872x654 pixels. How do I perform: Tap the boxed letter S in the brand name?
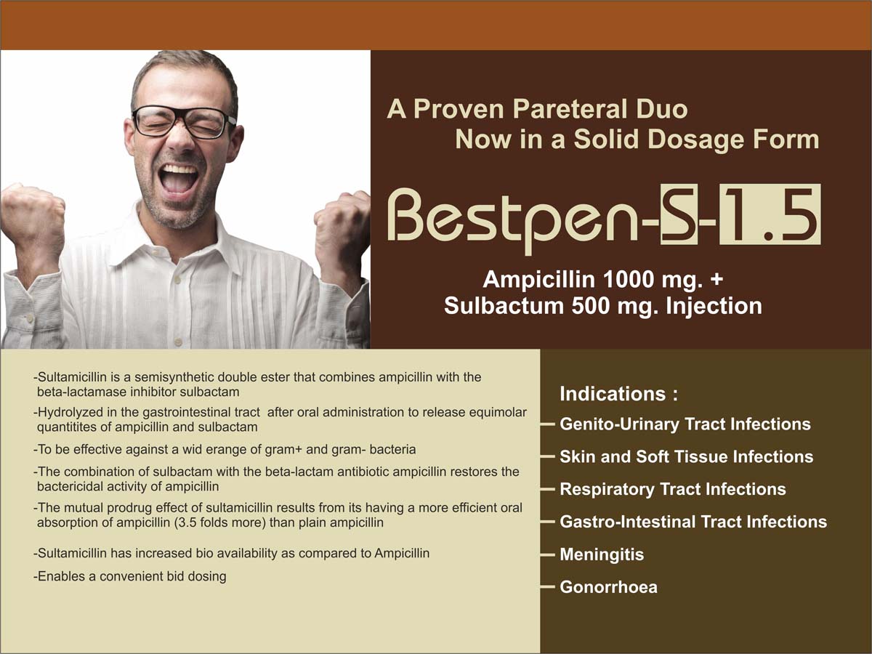(x=678, y=214)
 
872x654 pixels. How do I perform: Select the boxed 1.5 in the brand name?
(x=770, y=214)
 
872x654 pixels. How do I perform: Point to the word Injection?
(x=714, y=306)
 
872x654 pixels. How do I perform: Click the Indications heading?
(x=618, y=394)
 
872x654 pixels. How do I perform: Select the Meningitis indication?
(x=602, y=554)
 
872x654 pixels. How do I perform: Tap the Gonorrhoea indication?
(x=608, y=587)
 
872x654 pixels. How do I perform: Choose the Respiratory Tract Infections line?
(x=673, y=489)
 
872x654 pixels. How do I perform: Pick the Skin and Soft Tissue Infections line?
(x=686, y=456)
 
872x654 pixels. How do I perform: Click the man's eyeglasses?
(x=184, y=122)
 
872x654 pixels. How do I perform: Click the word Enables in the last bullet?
(x=61, y=576)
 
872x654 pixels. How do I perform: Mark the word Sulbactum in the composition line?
(x=504, y=306)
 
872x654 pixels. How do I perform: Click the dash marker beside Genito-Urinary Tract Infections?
(x=547, y=424)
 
